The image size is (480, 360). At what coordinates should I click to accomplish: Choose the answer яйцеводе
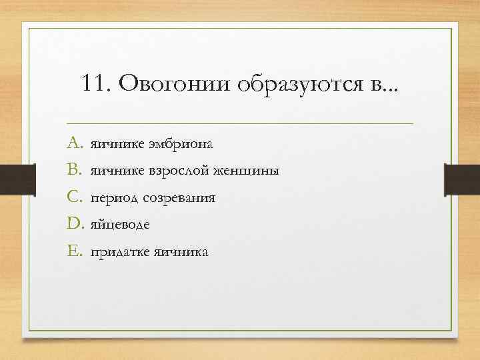[x=121, y=225]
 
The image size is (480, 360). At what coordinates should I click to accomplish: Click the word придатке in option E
[x=120, y=253]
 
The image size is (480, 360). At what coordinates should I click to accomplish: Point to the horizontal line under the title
[x=240, y=123]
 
